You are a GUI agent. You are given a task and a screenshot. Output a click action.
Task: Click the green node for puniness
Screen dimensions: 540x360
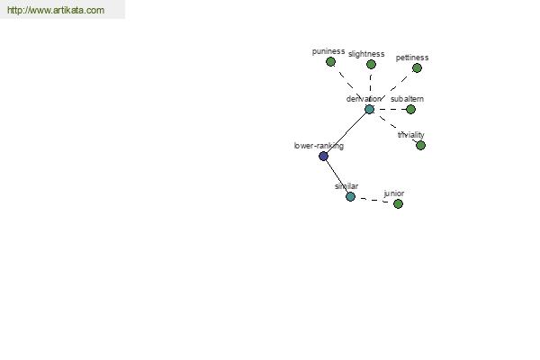tap(330, 62)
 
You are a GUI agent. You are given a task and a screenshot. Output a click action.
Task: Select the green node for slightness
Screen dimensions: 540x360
tap(371, 65)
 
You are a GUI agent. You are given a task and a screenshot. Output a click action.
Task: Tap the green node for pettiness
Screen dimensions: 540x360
tap(417, 67)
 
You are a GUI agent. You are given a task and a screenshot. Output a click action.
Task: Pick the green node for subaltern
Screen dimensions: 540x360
tap(410, 110)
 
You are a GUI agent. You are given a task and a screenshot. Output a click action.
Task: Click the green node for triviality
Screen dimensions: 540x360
tap(420, 146)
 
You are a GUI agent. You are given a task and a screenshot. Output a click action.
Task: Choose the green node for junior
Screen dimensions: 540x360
tap(398, 203)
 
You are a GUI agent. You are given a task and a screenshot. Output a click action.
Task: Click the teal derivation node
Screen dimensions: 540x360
tap(369, 110)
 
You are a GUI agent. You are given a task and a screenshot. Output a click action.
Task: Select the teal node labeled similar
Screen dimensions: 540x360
tap(350, 197)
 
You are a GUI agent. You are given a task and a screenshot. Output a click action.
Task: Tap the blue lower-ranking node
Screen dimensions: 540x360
tap(323, 156)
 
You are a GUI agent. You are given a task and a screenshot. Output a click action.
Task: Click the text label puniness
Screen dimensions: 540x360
tap(328, 51)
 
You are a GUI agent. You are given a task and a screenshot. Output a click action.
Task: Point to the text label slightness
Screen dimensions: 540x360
tap(366, 54)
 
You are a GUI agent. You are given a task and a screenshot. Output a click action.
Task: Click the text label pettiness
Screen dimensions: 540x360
tap(412, 58)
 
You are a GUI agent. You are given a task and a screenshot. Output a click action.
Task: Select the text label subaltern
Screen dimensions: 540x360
tap(407, 99)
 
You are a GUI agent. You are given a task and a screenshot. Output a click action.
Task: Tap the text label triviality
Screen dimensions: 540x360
tap(411, 135)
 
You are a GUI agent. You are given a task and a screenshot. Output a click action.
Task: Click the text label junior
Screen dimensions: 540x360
tap(394, 193)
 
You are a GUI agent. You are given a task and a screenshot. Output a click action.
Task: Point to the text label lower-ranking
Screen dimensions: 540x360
tap(319, 146)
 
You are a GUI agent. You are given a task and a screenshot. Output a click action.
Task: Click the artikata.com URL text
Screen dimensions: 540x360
tap(56, 10)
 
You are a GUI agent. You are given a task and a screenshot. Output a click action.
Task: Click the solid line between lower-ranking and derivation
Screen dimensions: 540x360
tap(346, 133)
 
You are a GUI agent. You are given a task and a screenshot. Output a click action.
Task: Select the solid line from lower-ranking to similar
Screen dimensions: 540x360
tap(337, 176)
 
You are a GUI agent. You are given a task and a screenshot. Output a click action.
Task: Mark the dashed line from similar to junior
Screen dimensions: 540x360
tap(374, 200)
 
